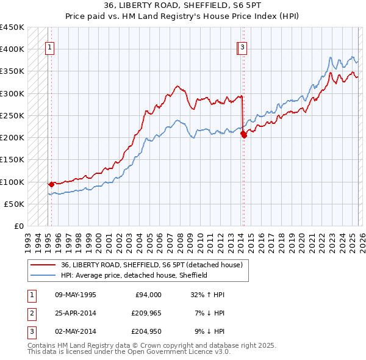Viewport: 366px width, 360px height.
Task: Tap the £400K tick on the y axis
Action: [12, 49]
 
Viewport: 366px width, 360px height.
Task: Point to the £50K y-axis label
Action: [13, 204]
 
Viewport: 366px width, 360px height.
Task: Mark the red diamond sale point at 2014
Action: [243, 134]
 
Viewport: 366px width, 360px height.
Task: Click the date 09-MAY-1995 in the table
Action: [76, 295]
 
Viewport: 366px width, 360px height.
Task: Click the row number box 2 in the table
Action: [32, 313]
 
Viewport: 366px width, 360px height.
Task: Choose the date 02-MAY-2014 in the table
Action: [76, 331]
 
